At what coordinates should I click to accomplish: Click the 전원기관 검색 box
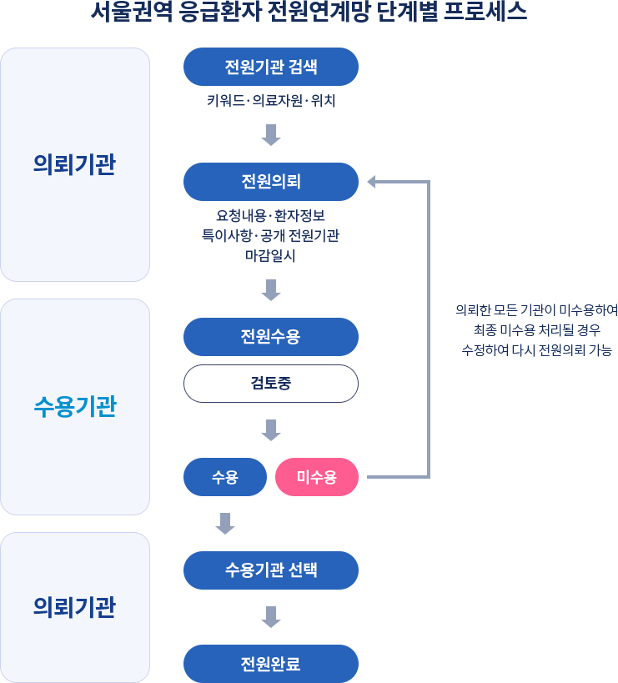coord(270,67)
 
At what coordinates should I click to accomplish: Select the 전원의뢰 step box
coord(270,181)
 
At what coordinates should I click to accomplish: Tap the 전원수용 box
coord(270,337)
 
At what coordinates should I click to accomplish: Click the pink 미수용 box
coord(316,477)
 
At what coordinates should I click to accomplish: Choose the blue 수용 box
coord(224,477)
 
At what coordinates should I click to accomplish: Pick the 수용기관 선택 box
coord(270,570)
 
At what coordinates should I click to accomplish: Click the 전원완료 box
coord(270,664)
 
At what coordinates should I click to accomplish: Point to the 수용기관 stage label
coord(75,407)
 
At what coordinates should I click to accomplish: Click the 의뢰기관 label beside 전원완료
coord(75,607)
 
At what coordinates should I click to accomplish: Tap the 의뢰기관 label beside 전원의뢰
coord(75,164)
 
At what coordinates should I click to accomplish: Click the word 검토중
coord(270,384)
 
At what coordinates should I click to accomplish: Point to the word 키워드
coord(227,101)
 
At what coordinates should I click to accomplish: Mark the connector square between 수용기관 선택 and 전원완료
coord(270,617)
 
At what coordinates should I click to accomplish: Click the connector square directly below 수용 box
coord(224,524)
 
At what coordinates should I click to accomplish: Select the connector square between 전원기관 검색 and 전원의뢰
coord(270,135)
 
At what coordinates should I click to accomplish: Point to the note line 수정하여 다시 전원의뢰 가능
coord(535,350)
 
